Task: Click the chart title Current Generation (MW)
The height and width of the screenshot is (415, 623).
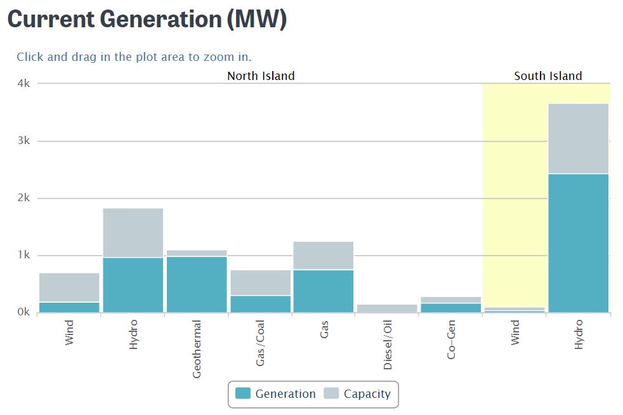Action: point(147,20)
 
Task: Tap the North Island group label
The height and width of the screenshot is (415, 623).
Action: point(261,76)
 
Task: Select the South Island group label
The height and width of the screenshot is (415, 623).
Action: point(548,76)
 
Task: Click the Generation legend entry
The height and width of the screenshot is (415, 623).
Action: point(276,394)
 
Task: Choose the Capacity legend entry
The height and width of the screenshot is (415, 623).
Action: point(358,394)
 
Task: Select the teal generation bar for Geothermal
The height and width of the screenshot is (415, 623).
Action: point(197,284)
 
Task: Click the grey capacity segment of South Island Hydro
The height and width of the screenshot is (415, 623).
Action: point(578,138)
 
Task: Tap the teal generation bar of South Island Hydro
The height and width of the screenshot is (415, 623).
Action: point(578,243)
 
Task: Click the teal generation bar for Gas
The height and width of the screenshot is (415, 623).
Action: point(324,291)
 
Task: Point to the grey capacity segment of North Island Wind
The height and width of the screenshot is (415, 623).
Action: point(69,287)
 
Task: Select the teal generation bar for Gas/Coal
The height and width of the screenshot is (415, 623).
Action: point(260,304)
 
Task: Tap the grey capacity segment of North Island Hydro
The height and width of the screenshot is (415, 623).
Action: point(133,232)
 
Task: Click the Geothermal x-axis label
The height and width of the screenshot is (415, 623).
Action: point(197,350)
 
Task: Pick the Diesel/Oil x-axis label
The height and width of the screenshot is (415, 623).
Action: point(388,345)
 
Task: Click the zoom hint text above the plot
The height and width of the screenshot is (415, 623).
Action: point(134,57)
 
